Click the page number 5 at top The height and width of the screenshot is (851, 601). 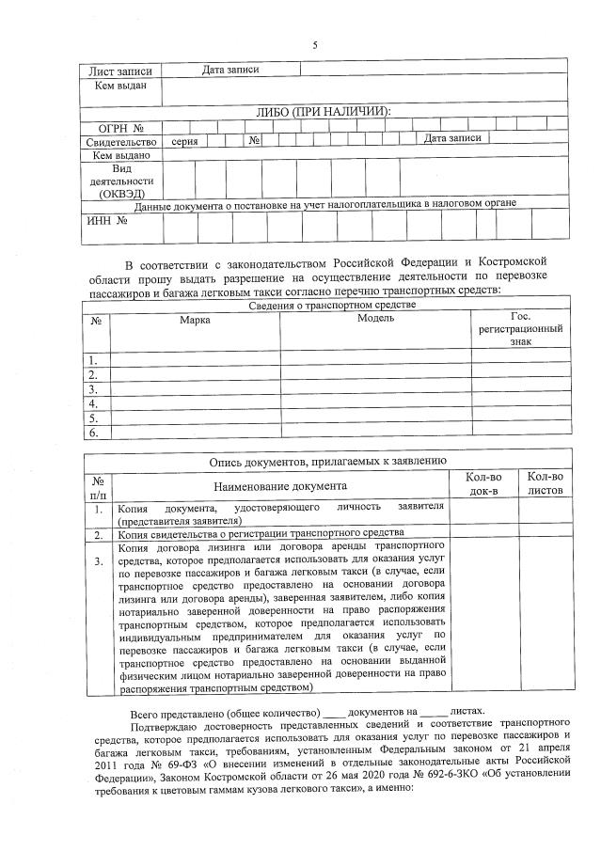tap(314, 45)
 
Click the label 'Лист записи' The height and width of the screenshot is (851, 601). tap(120, 71)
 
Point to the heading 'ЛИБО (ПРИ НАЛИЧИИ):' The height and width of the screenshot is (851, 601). tap(323, 112)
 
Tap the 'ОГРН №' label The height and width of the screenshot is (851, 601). tap(120, 127)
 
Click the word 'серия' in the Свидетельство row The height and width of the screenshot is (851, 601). tap(184, 140)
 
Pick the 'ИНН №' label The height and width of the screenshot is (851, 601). tap(109, 221)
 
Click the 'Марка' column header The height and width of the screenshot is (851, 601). tap(195, 320)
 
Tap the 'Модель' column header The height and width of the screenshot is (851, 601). tap(375, 319)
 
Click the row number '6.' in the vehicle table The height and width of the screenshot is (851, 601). tap(93, 433)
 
